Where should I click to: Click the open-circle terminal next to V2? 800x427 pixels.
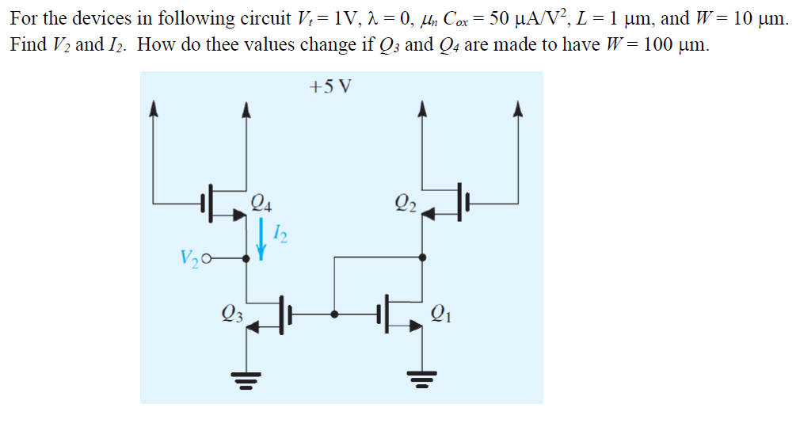[206, 257]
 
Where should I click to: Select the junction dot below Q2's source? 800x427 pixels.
[425, 257]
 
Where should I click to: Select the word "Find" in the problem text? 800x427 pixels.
[27, 44]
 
